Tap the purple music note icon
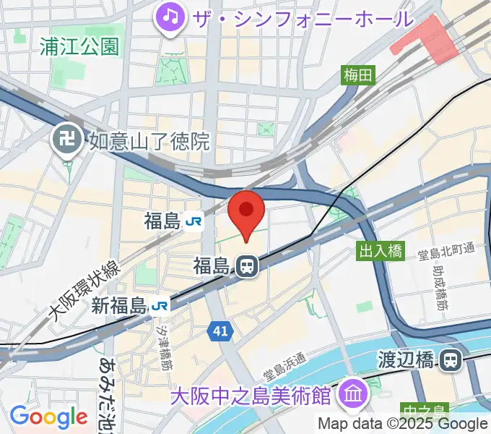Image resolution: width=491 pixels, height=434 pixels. (x=171, y=15)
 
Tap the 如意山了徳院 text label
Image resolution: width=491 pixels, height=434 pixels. (x=149, y=140)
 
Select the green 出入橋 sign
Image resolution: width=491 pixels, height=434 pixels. (x=380, y=251)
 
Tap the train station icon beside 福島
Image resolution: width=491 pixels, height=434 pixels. (x=246, y=266)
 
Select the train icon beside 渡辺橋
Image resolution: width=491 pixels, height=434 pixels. (x=451, y=359)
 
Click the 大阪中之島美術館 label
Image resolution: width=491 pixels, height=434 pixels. (x=251, y=396)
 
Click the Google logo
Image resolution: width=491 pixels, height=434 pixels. (x=48, y=417)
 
